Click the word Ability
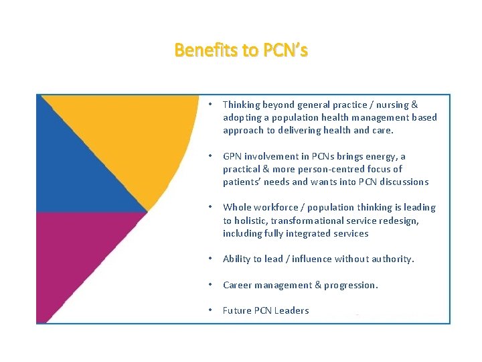tap(236, 259)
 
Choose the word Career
tap(238, 285)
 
